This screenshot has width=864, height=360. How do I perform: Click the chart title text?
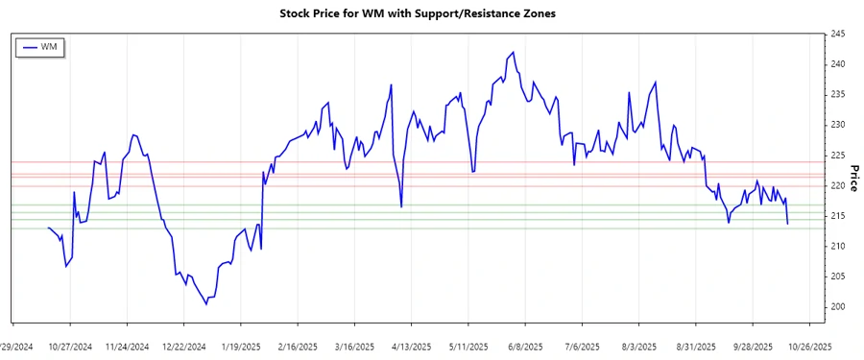tap(430, 13)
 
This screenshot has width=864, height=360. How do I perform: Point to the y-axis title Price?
tap(852, 178)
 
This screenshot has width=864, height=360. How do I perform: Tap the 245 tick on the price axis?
tap(837, 35)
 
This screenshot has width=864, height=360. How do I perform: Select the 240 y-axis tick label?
tap(837, 64)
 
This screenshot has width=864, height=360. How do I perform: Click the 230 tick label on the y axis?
tap(837, 125)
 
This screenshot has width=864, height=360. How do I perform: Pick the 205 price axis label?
tap(837, 276)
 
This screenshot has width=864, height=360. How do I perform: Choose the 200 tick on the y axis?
tap(837, 307)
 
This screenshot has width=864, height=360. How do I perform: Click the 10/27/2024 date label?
tap(69, 346)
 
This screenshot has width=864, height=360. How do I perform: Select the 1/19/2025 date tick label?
tap(241, 346)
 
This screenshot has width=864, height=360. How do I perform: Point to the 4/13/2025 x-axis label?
tap(413, 346)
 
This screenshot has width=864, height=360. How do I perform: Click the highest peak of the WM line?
tap(514, 52)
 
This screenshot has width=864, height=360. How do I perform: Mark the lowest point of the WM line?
tap(206, 304)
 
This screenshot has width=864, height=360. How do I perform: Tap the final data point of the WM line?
tap(787, 224)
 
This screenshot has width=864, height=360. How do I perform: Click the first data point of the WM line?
tap(48, 228)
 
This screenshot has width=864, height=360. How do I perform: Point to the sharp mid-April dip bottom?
tap(401, 206)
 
